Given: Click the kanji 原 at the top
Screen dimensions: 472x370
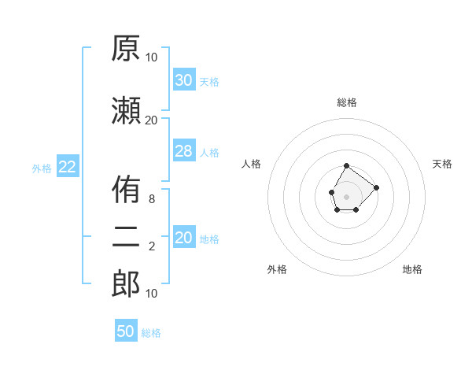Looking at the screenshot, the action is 126,48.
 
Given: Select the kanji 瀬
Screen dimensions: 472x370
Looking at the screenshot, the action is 126,111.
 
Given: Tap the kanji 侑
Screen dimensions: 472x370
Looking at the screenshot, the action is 126,189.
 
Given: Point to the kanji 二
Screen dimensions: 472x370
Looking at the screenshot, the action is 126,237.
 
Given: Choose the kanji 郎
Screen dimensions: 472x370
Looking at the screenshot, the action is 126,283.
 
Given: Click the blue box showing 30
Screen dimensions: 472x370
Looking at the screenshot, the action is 185,80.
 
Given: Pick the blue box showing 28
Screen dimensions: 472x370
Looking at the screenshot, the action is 185,150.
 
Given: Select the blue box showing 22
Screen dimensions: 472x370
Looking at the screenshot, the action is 68,166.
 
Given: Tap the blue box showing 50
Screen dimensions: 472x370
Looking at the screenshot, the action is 126,330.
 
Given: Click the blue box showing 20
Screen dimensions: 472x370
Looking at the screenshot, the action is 185,236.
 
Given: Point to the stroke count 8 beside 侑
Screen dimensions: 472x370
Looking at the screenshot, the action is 152,199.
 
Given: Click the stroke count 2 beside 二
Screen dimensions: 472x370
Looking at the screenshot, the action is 152,246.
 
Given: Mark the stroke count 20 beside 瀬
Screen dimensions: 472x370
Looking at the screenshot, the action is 151,120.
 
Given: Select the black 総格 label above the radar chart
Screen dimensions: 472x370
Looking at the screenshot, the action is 347,102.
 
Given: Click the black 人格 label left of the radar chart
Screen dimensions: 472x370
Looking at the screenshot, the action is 251,164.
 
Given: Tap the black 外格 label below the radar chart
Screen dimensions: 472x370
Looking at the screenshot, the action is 277,269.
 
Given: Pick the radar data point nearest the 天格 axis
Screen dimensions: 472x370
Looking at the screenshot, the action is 376,187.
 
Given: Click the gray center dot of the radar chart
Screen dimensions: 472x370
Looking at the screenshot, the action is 346,197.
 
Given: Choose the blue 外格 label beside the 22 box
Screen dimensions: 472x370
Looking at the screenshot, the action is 42,168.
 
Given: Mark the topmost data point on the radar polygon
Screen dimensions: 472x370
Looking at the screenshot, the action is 346,166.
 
